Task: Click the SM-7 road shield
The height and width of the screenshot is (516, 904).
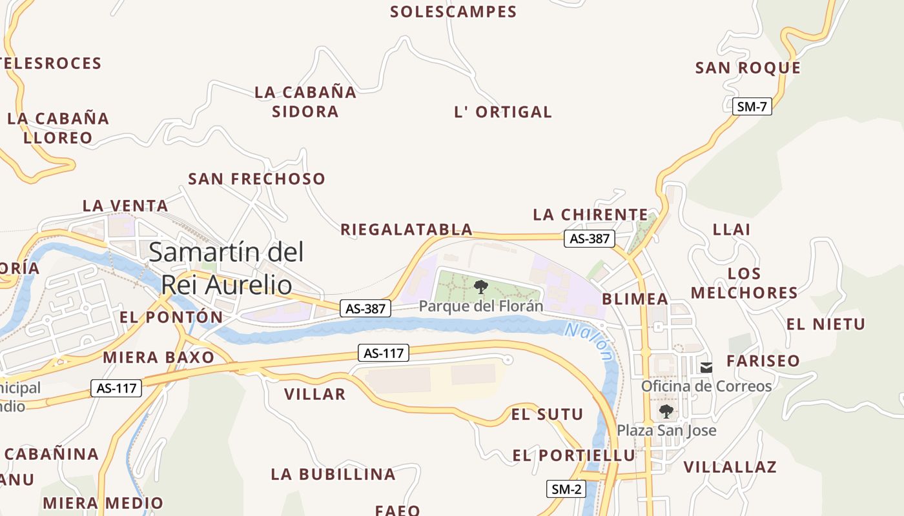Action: coord(752,106)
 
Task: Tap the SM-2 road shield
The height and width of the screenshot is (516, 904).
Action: coord(566,489)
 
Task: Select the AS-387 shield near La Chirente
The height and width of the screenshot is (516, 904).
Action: coord(589,238)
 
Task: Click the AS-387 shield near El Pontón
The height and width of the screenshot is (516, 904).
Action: coord(365,308)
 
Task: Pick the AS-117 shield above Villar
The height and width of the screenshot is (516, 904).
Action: coord(384,353)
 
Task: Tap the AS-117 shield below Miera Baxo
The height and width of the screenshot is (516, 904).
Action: coord(117,388)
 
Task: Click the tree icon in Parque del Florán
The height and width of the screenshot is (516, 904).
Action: coord(480,287)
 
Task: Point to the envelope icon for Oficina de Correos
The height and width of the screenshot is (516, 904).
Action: coord(706,367)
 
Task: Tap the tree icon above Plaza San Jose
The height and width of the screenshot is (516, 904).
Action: coord(666,411)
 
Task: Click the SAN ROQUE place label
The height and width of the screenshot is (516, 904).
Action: coord(748,68)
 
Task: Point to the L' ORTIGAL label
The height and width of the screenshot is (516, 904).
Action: coord(503,112)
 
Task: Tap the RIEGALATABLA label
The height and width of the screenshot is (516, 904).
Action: coord(406,229)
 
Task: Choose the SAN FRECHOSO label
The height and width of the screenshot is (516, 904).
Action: coord(256,179)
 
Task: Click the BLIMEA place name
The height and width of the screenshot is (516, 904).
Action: coord(635,299)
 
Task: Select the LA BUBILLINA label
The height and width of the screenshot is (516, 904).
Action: coord(333,474)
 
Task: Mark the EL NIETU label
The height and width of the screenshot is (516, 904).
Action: coord(825,324)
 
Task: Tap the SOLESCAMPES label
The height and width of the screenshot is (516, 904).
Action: coord(453,12)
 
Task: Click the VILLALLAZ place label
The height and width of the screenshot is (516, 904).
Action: coord(730,466)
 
